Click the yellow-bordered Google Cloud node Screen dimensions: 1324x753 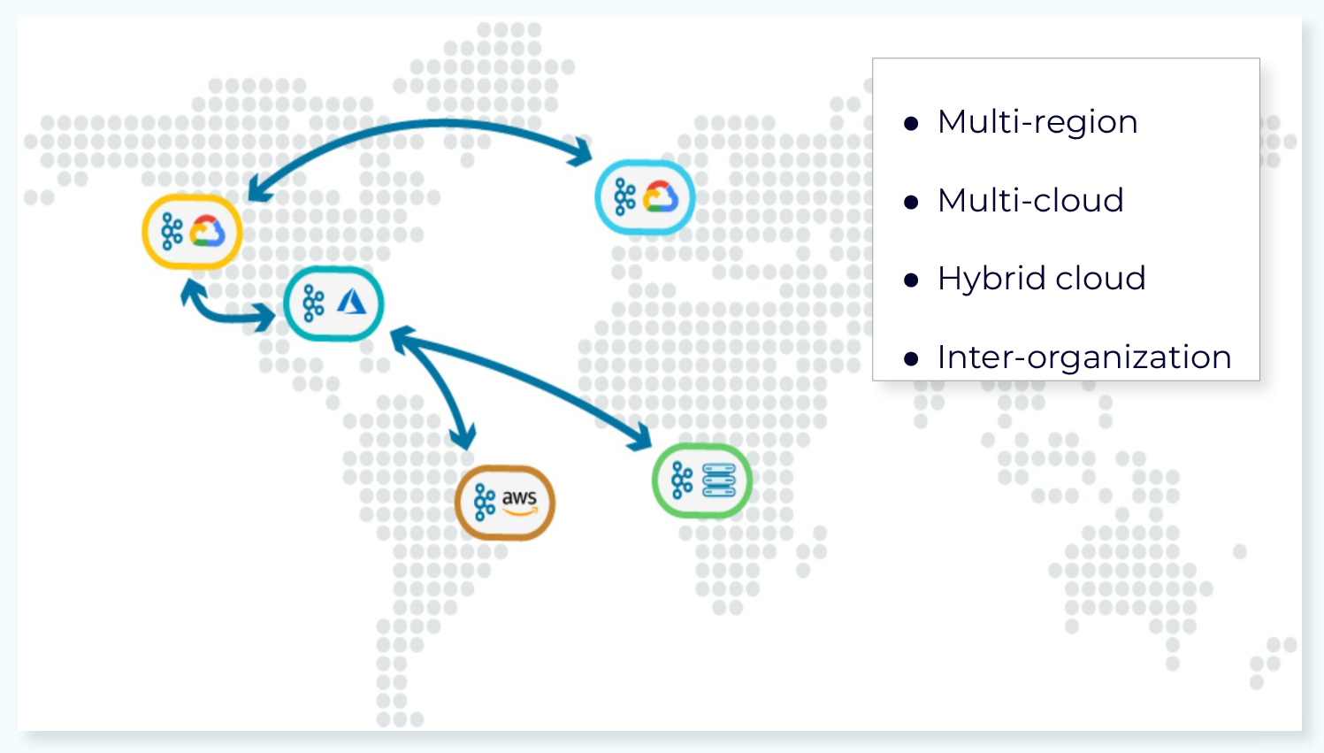pyautogui.click(x=192, y=232)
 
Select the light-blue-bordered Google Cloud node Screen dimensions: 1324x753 pyautogui.click(x=645, y=197)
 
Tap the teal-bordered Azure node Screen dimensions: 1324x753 pyautogui.click(x=333, y=304)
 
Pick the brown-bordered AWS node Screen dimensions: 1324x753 pyautogui.click(x=505, y=503)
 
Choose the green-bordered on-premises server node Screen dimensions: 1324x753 pyautogui.click(x=701, y=480)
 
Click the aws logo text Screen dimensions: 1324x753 pyautogui.click(x=519, y=498)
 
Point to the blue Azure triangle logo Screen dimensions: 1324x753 pyautogui.click(x=351, y=303)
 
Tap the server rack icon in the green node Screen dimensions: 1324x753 pyautogui.click(x=718, y=480)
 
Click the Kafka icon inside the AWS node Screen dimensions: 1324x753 pyautogui.click(x=484, y=502)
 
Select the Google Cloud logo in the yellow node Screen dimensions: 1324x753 pyautogui.click(x=208, y=232)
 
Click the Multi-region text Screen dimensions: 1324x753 pyautogui.click(x=1037, y=122)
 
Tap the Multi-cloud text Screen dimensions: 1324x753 pyautogui.click(x=1030, y=201)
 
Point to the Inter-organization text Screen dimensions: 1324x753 pyautogui.click(x=1084, y=357)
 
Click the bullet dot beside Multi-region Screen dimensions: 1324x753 pyautogui.click(x=911, y=124)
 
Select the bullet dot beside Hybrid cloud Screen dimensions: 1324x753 pyautogui.click(x=911, y=280)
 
